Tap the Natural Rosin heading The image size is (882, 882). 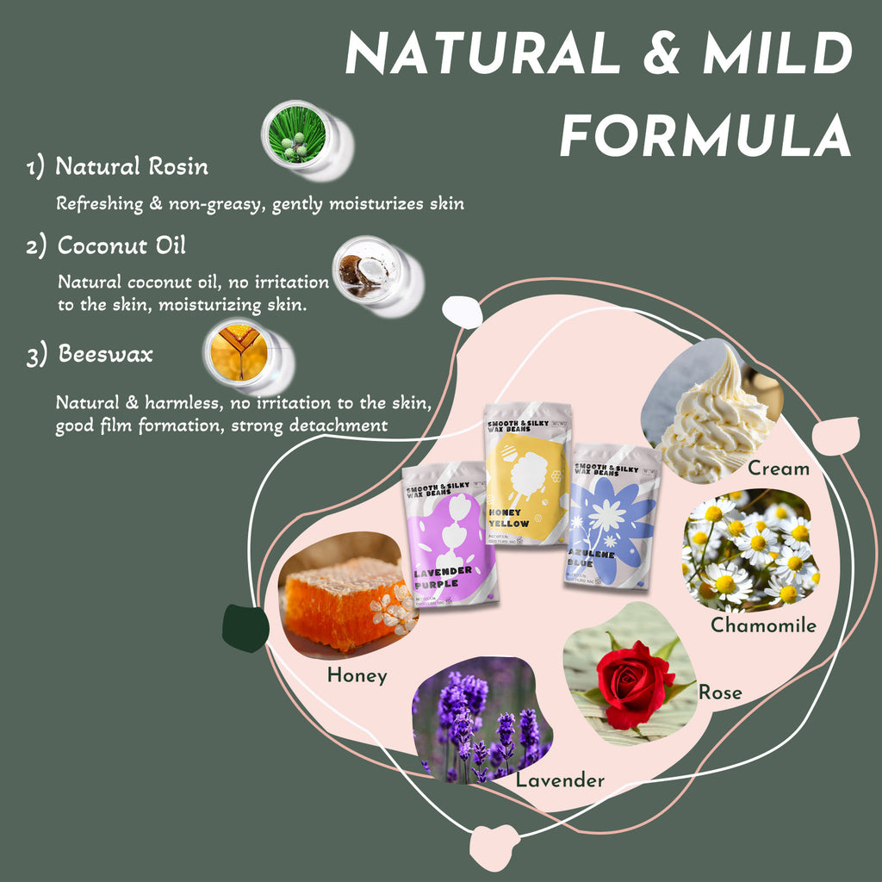tap(132, 166)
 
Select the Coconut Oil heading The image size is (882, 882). tap(121, 245)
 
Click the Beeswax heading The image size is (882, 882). tap(105, 353)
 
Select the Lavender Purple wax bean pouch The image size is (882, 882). tap(450, 534)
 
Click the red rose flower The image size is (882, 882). tap(636, 683)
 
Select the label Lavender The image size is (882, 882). tap(560, 780)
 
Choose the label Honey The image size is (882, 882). tap(357, 676)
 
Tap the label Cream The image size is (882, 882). tap(779, 469)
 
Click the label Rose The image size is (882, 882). tap(720, 692)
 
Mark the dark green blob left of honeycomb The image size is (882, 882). tap(245, 629)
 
